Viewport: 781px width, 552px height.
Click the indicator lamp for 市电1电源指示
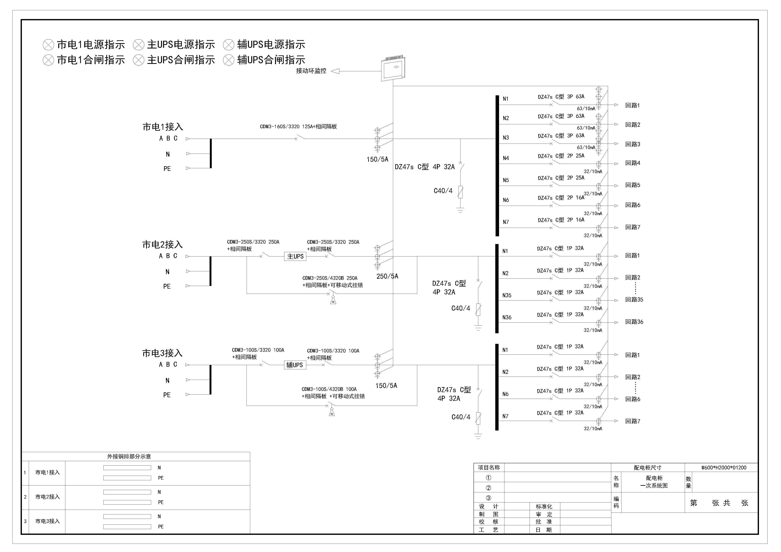point(48,45)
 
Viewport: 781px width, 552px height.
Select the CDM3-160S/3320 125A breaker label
point(298,127)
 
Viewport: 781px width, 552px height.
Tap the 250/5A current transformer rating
point(387,276)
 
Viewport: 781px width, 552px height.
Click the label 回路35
point(634,299)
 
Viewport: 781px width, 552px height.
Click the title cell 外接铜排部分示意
point(129,456)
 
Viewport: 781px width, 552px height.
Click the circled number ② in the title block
point(488,488)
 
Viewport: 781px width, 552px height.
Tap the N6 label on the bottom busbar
point(506,394)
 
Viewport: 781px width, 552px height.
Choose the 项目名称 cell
point(489,467)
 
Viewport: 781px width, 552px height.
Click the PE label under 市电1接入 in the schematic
point(167,169)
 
